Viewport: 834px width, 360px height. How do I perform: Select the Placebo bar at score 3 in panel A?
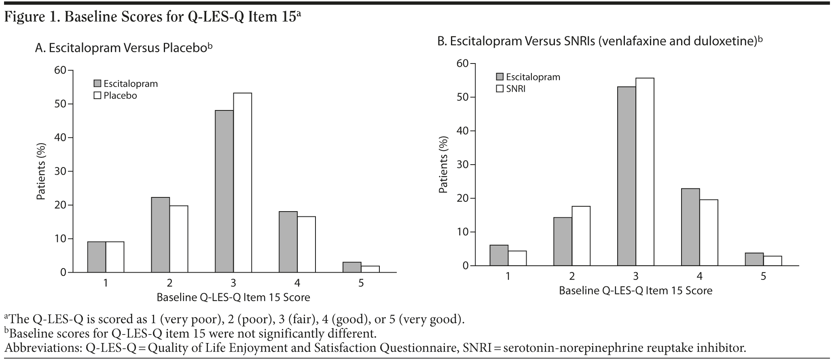point(242,182)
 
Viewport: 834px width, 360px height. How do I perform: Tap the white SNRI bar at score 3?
point(645,172)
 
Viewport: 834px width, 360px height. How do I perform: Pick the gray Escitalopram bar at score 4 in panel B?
point(690,227)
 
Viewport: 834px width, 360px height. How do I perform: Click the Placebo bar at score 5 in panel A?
point(370,269)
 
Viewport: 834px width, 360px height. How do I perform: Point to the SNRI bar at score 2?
point(581,236)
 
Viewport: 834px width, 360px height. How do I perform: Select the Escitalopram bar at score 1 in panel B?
point(499,255)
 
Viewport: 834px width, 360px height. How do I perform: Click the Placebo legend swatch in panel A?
point(97,96)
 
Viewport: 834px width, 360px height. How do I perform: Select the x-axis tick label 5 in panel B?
point(763,276)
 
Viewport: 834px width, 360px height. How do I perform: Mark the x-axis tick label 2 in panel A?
point(169,283)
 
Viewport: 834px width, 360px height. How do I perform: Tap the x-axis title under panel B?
point(635,290)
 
